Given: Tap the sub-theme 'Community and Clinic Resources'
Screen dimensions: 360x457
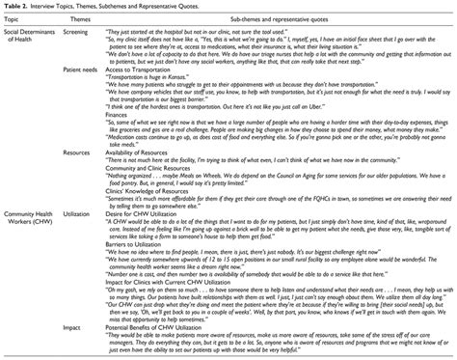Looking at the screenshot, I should point(154,167).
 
